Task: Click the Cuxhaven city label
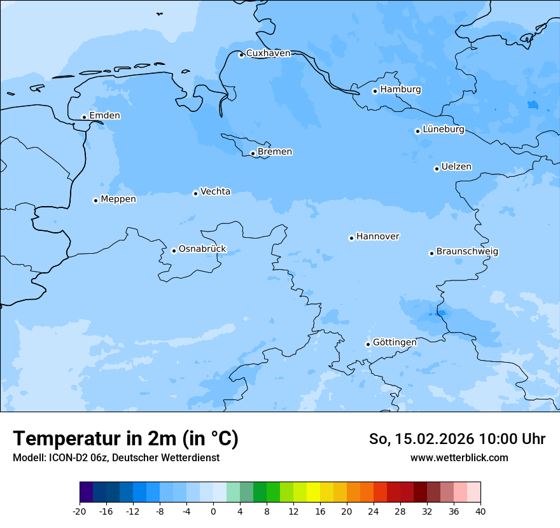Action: (x=268, y=53)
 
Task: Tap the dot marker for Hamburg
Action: (x=375, y=91)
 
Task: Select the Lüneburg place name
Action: (x=443, y=130)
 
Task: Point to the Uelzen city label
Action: (x=456, y=167)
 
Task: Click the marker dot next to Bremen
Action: (x=253, y=153)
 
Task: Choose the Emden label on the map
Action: (x=104, y=116)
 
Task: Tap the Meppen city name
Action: (x=118, y=200)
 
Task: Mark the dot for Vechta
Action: (x=195, y=193)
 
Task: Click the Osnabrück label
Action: (x=202, y=249)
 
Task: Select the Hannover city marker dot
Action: (x=351, y=238)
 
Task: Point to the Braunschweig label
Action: (x=467, y=252)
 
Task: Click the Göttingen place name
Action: (x=395, y=343)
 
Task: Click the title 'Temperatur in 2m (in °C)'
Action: (x=125, y=439)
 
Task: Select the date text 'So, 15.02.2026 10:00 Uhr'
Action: (x=457, y=440)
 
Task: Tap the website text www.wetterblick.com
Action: (x=459, y=458)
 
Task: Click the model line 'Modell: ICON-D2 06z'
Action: (x=61, y=458)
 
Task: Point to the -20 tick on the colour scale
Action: (x=80, y=511)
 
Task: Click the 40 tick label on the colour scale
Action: (x=480, y=511)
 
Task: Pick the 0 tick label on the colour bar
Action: (x=213, y=511)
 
